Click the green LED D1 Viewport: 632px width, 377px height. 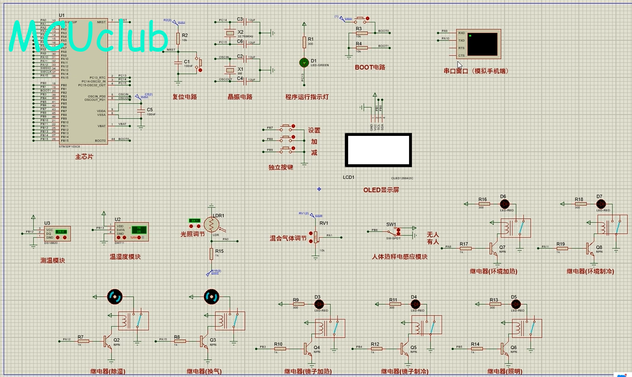(x=305, y=62)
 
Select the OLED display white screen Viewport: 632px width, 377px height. (x=378, y=150)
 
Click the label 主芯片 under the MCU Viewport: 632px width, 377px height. (x=84, y=156)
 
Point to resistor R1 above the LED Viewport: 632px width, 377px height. (x=305, y=42)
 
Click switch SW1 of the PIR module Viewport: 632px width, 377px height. (x=394, y=232)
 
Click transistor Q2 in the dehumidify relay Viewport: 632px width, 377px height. (x=107, y=341)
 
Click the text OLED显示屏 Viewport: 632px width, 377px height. (x=381, y=190)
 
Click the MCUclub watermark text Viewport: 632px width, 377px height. (x=89, y=37)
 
